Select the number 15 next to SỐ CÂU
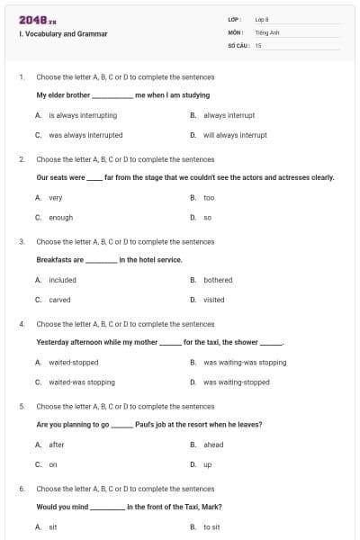(258, 44)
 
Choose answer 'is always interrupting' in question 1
(82, 115)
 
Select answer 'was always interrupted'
(85, 135)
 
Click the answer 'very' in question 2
(55, 197)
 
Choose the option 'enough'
(60, 217)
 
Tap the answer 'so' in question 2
(207, 217)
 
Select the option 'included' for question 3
(62, 280)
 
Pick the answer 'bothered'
(218, 280)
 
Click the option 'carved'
(59, 300)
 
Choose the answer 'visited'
(214, 300)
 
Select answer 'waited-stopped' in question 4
(73, 362)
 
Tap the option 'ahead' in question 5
(213, 445)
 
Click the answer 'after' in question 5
(57, 445)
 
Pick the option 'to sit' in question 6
(211, 526)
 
